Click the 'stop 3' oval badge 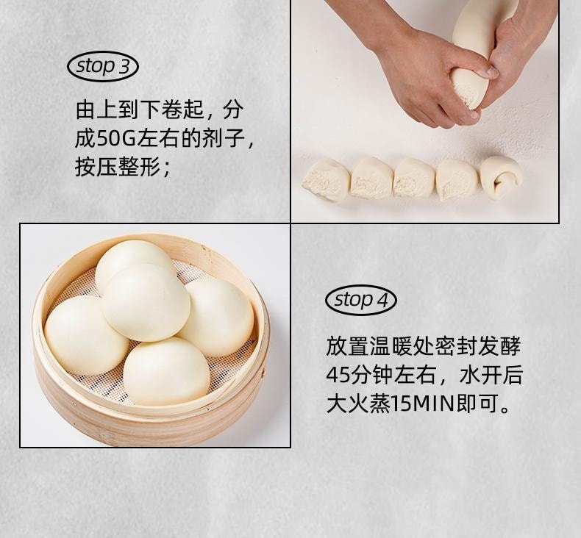coord(103,67)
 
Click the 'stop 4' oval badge coord(360,300)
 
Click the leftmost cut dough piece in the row coord(326,179)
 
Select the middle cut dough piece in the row coord(414,179)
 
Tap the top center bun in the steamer coord(146,302)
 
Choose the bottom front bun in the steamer coord(166,371)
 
